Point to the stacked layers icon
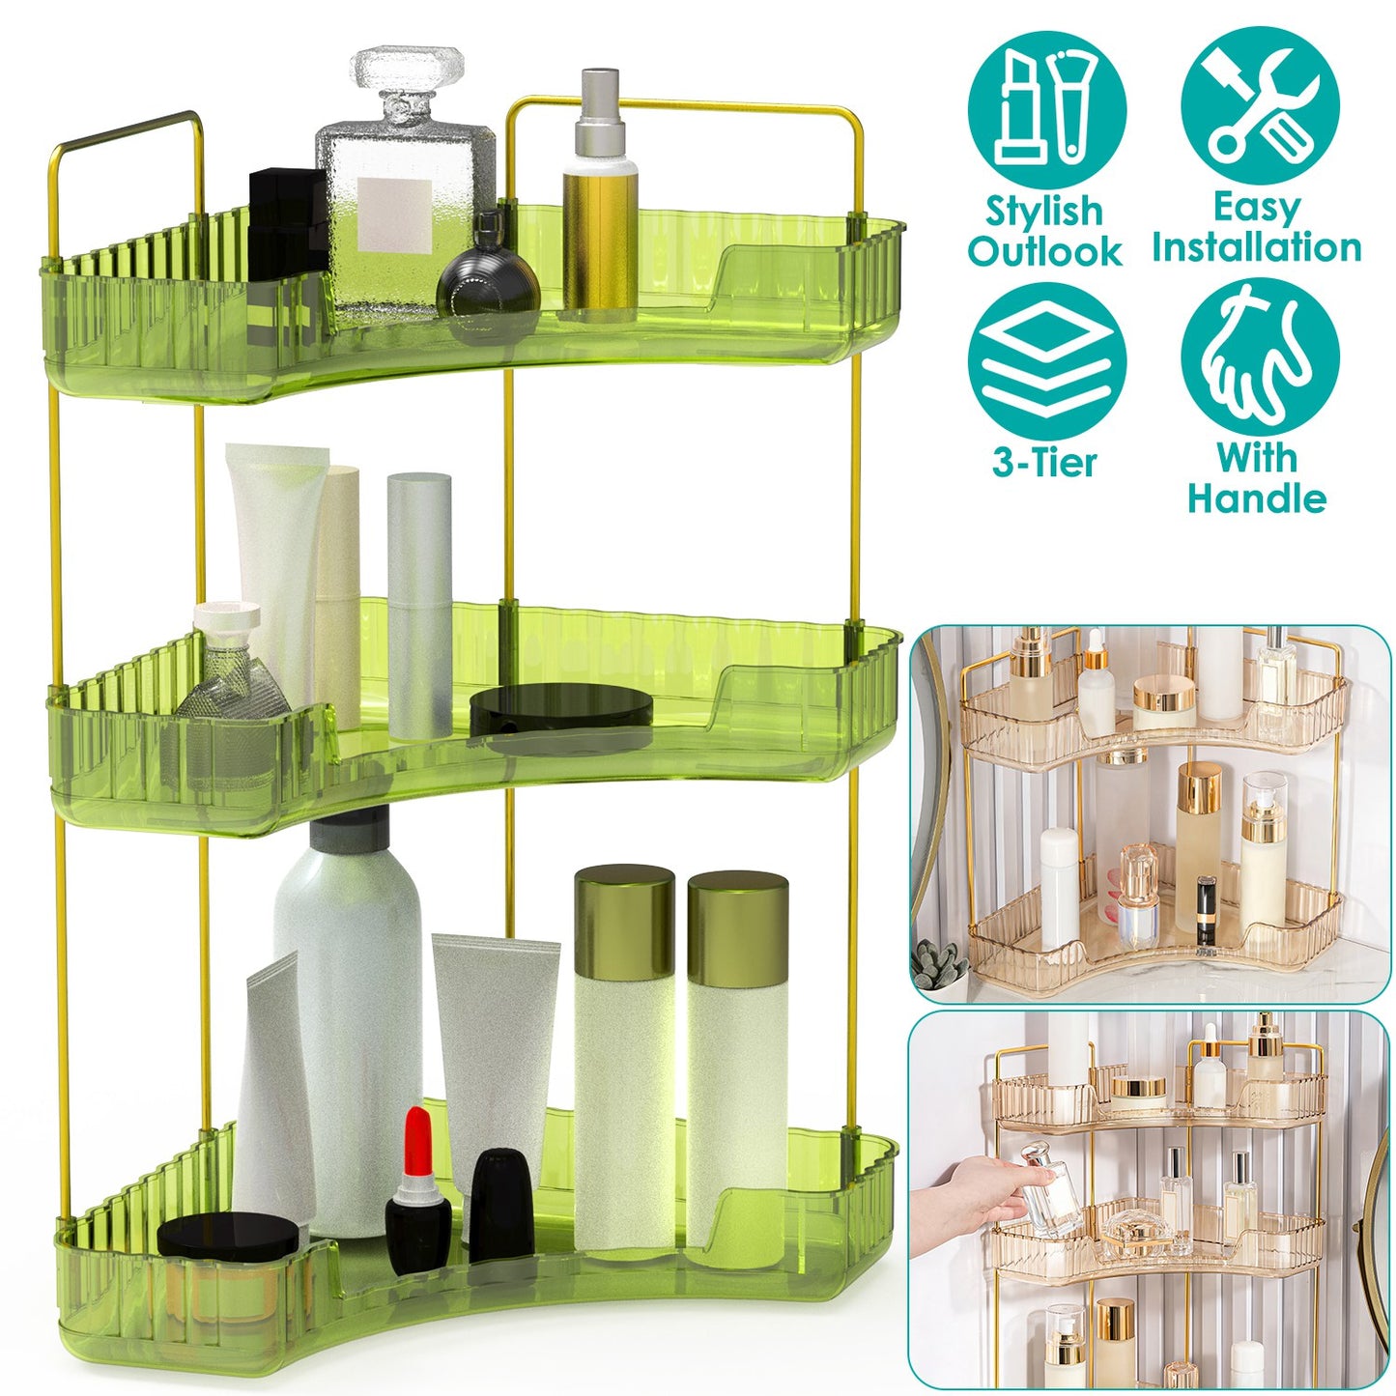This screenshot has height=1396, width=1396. pyautogui.click(x=1046, y=362)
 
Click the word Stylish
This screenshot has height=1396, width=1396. pyautogui.click(x=1043, y=211)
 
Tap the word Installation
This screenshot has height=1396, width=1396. pyautogui.click(x=1256, y=247)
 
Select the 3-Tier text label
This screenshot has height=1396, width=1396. pyautogui.click(x=1044, y=462)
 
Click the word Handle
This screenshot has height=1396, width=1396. pyautogui.click(x=1256, y=499)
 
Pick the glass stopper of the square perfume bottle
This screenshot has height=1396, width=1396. pyautogui.click(x=407, y=77)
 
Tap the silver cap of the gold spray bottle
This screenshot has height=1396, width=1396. pyautogui.click(x=599, y=111)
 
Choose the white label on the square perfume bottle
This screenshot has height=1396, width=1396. pyautogui.click(x=393, y=214)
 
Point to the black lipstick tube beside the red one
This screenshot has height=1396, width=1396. pyautogui.click(x=501, y=1203)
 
